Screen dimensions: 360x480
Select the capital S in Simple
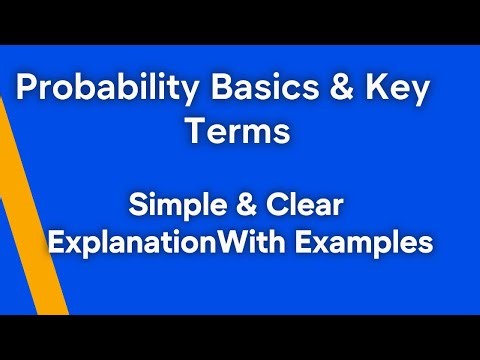pos(136,208)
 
